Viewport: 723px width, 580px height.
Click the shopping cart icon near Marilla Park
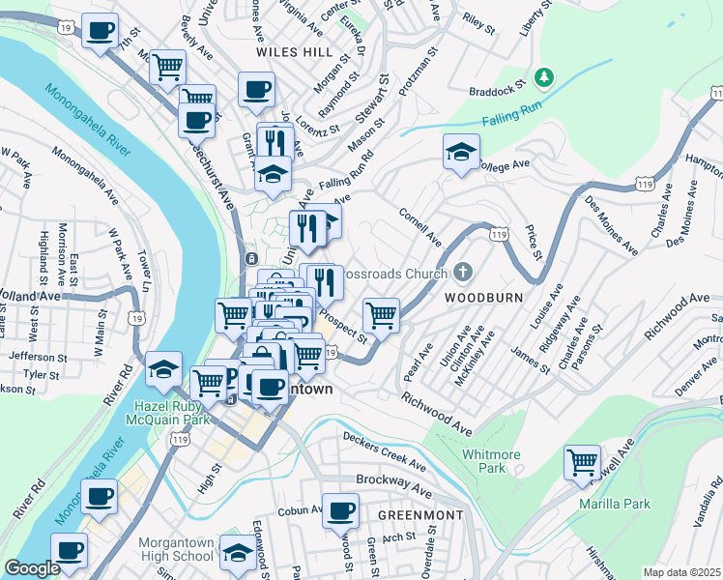[582, 463]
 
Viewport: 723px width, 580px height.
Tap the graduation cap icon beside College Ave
[461, 151]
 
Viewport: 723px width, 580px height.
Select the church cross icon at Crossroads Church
[462, 273]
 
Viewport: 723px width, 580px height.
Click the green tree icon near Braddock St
[545, 75]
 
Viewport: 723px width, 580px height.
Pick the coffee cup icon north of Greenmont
[340, 509]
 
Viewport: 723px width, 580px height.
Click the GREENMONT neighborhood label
[419, 515]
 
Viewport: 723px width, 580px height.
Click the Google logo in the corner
[32, 568]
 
